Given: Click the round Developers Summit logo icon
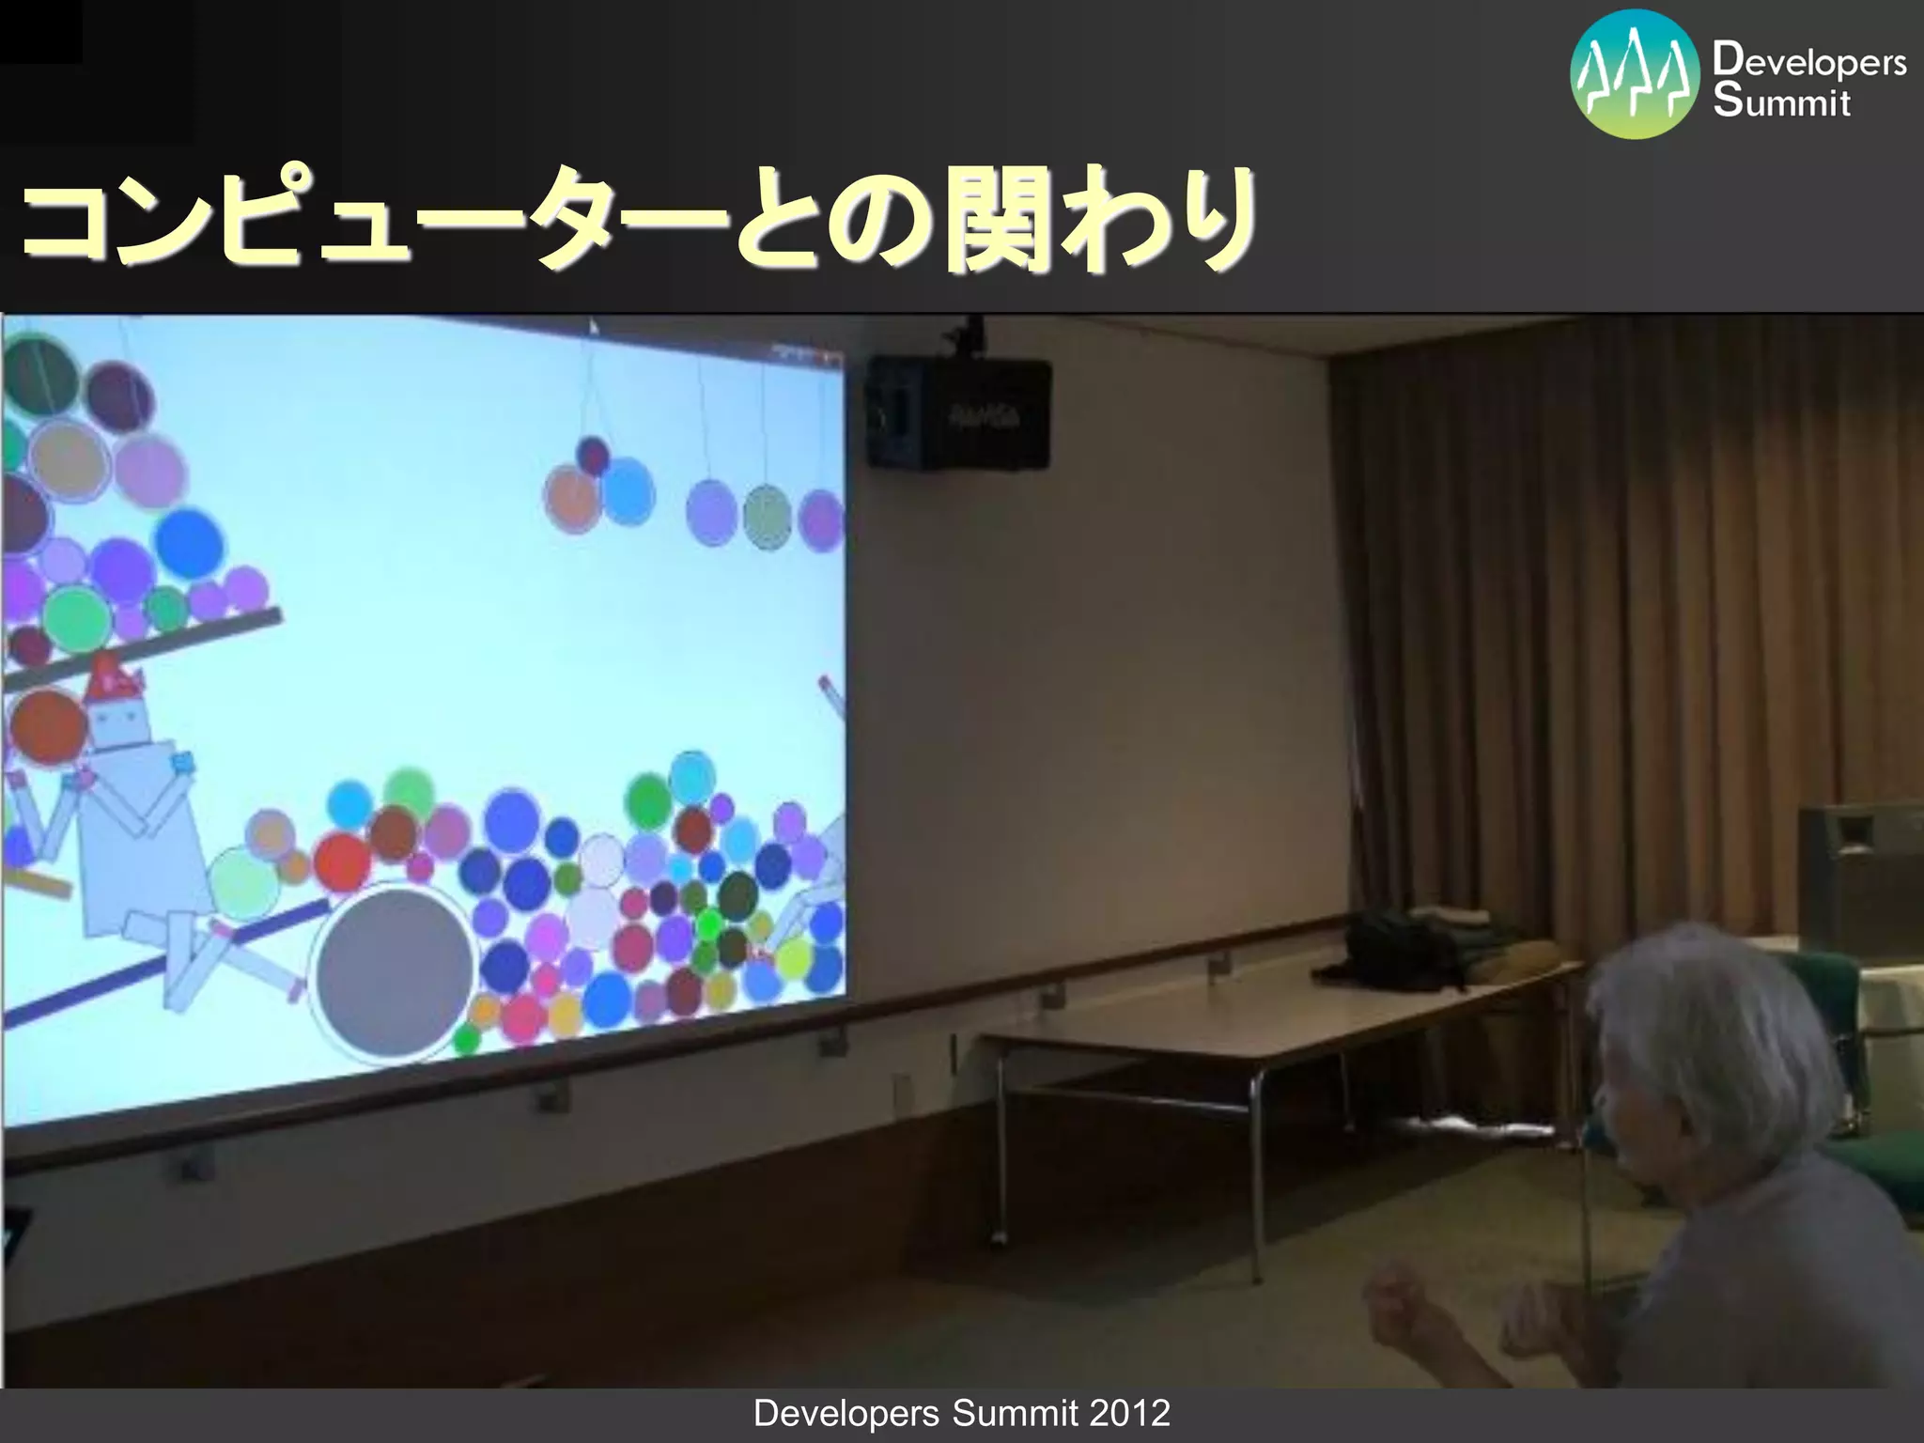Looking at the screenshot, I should click(x=1635, y=74).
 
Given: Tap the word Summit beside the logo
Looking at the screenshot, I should click(x=1781, y=101).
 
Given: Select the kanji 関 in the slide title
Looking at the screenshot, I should click(x=996, y=222).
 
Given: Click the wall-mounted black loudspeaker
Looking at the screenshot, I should click(x=958, y=413).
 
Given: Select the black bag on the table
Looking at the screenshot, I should click(x=1400, y=949).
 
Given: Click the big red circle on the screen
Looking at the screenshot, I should click(x=342, y=861).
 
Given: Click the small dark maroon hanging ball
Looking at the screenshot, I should click(x=593, y=456).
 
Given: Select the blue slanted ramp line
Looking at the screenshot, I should click(x=160, y=968).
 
